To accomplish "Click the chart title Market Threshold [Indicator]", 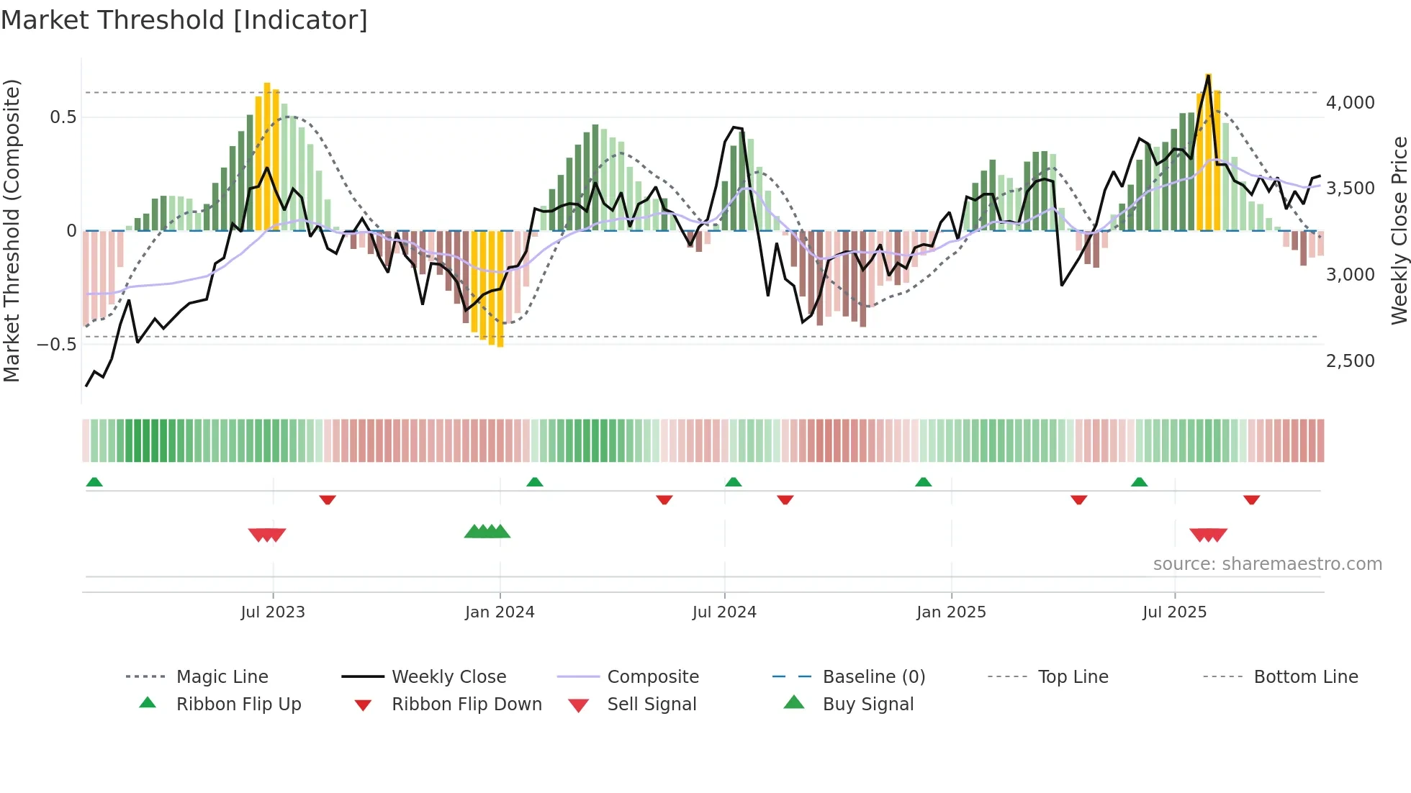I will [184, 20].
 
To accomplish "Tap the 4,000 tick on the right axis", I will [1350, 103].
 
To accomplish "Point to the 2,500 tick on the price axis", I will [1350, 361].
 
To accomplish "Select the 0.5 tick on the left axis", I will [63, 117].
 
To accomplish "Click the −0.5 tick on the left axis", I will [57, 345].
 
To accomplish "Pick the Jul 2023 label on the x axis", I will [273, 612].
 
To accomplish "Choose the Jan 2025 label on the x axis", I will [951, 612].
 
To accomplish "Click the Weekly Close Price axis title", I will [1399, 230].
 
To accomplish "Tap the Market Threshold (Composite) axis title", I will [12, 230].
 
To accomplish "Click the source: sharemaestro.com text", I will [1267, 564].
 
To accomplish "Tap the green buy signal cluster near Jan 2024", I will [487, 533].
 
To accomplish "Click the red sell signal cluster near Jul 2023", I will [267, 535].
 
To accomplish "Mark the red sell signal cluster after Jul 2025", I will [1208, 535].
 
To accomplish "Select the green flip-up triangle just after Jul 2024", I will [733, 482].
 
